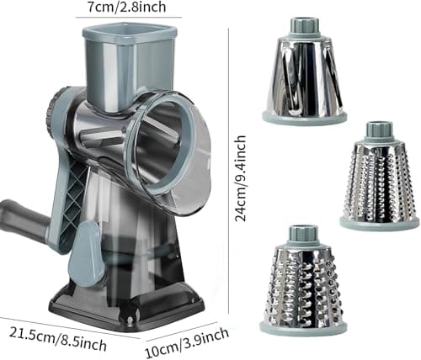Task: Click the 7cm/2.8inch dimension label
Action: pos(127,7)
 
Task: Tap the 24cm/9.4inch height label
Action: pos(241,178)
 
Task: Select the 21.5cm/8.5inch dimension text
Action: pos(58,339)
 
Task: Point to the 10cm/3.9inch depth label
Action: pos(187,343)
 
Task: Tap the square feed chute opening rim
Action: pos(130,32)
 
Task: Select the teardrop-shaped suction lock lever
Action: pos(86,254)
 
